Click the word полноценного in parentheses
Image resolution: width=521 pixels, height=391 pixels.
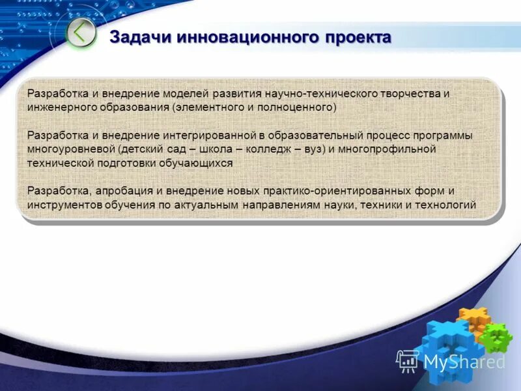tap(298, 107)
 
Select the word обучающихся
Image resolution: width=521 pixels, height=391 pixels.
tap(197, 163)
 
